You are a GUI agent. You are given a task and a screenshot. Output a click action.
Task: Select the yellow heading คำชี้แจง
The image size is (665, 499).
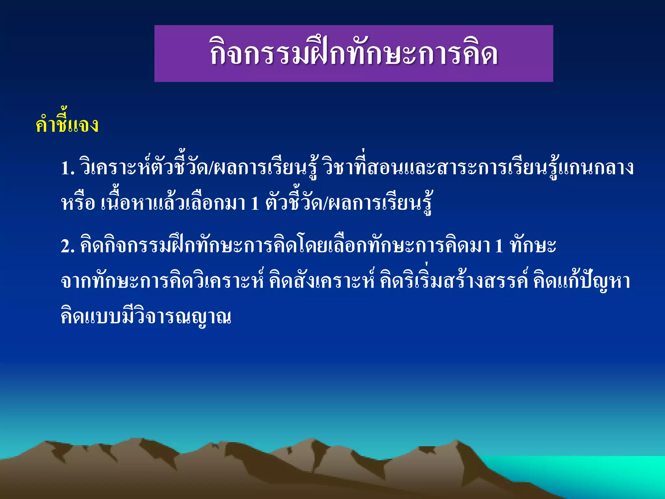point(67,124)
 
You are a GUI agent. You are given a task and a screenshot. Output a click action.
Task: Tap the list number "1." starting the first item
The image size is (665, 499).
point(68,168)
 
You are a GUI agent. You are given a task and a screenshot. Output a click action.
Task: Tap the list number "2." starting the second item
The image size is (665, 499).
point(68,246)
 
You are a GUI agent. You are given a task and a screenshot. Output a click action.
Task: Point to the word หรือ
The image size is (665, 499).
point(78,203)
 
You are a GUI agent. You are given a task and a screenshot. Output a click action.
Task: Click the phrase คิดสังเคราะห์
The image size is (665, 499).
point(322,281)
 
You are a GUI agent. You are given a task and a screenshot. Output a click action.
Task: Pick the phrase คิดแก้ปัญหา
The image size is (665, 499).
point(582,281)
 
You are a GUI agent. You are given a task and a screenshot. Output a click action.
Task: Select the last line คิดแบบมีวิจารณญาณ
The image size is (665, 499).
point(146,317)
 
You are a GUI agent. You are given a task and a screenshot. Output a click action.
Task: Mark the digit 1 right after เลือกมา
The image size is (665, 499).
point(255,203)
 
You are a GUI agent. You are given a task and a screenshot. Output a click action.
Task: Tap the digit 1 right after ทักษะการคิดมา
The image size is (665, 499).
point(499,246)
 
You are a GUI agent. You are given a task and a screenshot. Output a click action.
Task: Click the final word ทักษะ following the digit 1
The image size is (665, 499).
point(533,246)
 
